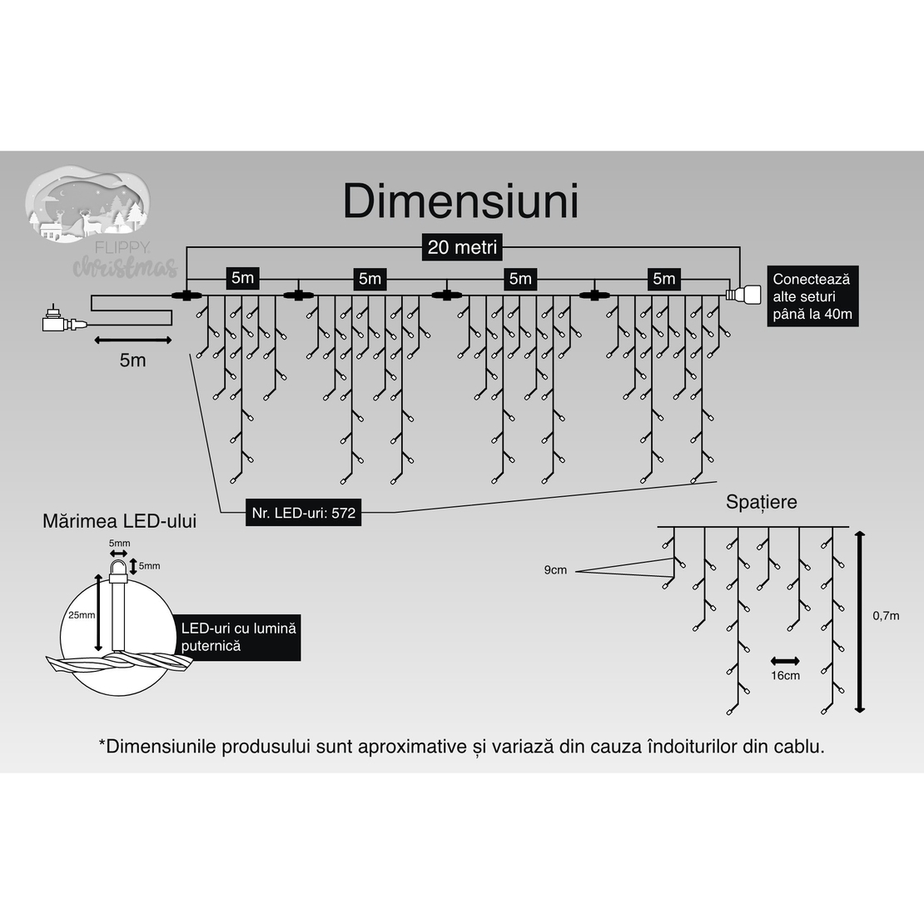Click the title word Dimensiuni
click(x=460, y=202)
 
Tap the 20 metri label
click(x=462, y=247)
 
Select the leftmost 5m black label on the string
click(x=242, y=278)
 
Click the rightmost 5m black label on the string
click(x=663, y=278)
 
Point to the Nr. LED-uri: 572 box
click(x=303, y=513)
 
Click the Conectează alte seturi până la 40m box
click(x=813, y=296)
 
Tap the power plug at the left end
click(x=56, y=320)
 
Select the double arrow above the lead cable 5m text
click(x=133, y=340)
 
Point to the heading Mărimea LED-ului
click(x=120, y=522)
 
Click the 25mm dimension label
click(x=82, y=614)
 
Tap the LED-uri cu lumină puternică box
click(x=238, y=637)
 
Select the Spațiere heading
click(x=761, y=502)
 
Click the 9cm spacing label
click(x=555, y=570)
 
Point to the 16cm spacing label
click(x=785, y=675)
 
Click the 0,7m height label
click(x=886, y=616)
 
